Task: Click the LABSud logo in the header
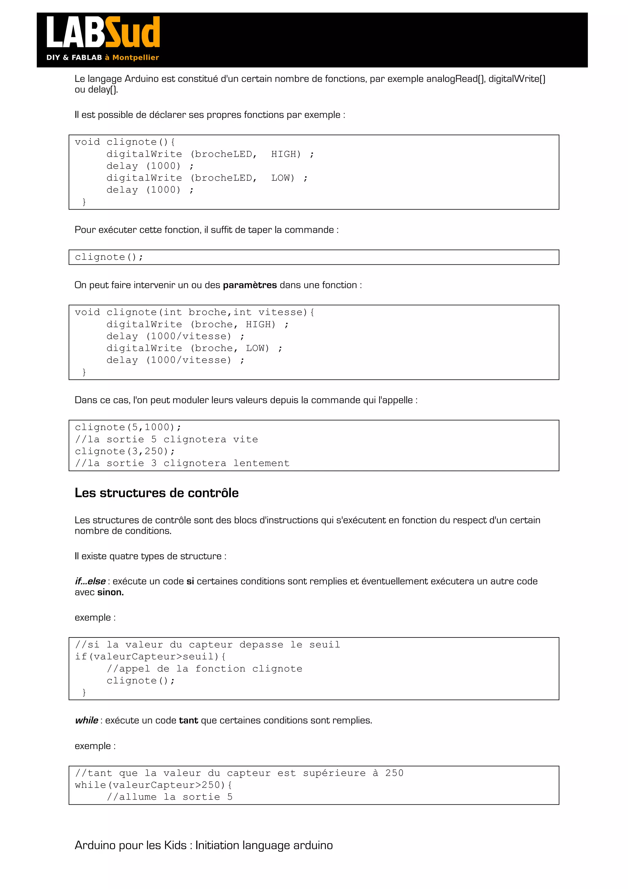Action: pyautogui.click(x=103, y=33)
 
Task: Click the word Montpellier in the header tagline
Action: pyautogui.click(x=136, y=58)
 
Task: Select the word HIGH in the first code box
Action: pyautogui.click(x=285, y=154)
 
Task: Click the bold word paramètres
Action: pyautogui.click(x=250, y=285)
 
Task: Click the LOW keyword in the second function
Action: pyautogui.click(x=257, y=348)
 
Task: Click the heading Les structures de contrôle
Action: pyautogui.click(x=156, y=493)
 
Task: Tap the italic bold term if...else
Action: pyautogui.click(x=90, y=581)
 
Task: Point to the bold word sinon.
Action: pyautogui.click(x=110, y=592)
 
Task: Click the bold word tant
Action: pyautogui.click(x=189, y=720)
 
